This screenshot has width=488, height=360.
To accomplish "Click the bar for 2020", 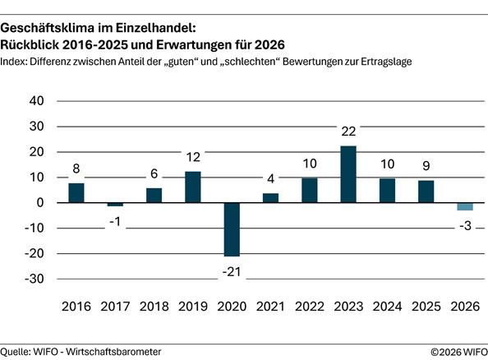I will tap(232, 229).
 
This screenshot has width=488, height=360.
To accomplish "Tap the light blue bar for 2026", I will tap(465, 206).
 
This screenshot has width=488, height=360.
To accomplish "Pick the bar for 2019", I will tap(193, 187).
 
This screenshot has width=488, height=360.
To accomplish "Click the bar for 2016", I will tap(76, 193).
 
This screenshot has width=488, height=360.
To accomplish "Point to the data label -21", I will tap(232, 271).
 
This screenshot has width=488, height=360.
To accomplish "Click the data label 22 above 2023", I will tap(348, 132).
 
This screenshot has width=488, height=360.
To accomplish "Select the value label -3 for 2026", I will tap(465, 226).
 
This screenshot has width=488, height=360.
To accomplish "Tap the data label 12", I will tap(193, 157).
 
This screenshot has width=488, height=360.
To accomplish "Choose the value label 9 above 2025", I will tap(426, 165).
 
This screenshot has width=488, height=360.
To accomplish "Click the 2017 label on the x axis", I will tap(115, 307).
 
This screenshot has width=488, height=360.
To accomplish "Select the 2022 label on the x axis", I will tap(310, 307).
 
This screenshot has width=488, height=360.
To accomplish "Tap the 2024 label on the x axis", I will tap(387, 307).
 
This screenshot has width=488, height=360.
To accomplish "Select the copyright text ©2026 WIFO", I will tap(458, 351).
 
